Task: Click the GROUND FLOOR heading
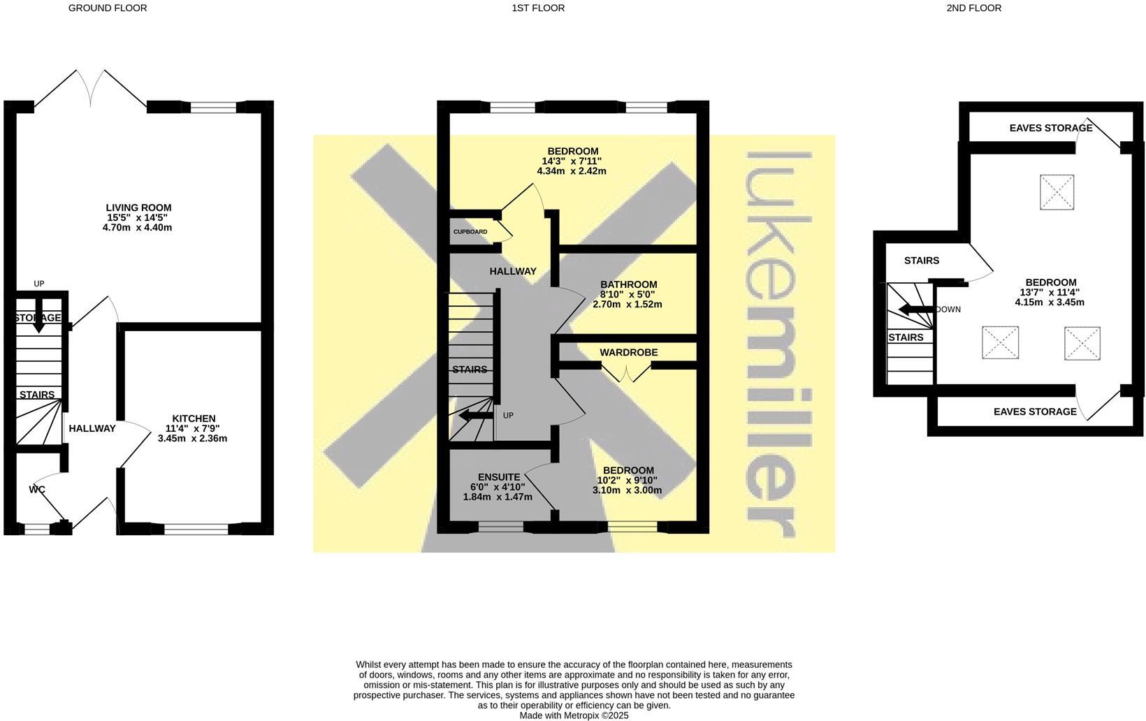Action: (108, 8)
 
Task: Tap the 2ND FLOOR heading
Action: (973, 8)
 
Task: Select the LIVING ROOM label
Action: (138, 207)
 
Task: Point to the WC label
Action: (37, 490)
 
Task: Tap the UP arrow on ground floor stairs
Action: (38, 315)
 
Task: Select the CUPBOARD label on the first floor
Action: (470, 231)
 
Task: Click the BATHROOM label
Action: (628, 284)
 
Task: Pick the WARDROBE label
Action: (628, 352)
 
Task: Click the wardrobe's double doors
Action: (627, 373)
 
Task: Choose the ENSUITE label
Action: (498, 477)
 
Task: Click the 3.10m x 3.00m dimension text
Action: (627, 490)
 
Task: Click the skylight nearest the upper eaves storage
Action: (1056, 192)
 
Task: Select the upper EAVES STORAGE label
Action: (1050, 129)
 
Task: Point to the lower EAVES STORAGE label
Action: (1035, 412)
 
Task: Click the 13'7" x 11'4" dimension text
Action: (1049, 293)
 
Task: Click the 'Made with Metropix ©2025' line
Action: (574, 715)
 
